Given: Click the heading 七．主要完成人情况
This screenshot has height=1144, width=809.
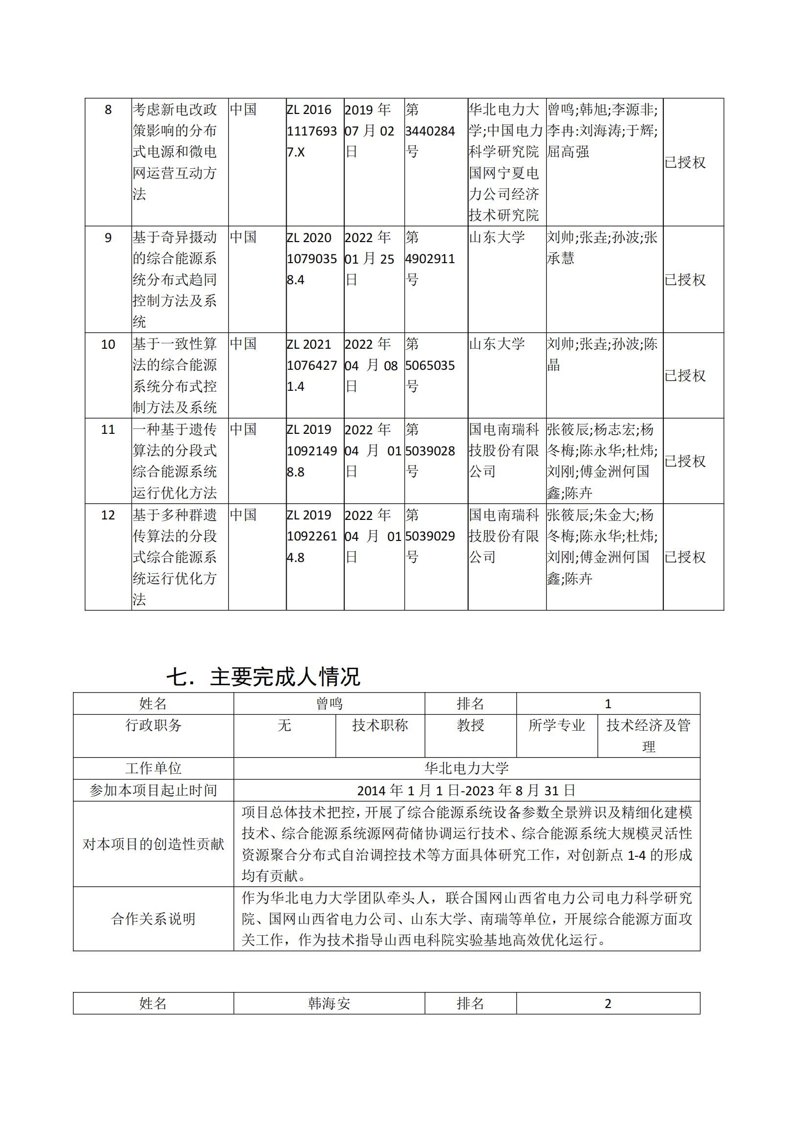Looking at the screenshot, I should coord(263,676).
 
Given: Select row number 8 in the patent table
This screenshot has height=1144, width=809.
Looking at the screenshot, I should coord(108,110).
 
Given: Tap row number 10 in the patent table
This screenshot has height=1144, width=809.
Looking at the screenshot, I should coord(108,344).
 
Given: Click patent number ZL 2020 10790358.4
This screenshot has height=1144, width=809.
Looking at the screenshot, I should coord(312,259).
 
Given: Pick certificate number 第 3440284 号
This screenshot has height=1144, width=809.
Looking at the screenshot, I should coord(429,131).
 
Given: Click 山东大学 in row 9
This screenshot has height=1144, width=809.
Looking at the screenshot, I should coord(496,238).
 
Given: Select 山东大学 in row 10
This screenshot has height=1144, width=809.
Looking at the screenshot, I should coord(496,344).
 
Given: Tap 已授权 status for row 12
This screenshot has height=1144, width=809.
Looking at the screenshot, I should coord(685,557).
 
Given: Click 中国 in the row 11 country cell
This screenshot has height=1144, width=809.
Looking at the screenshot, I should coord(243,429).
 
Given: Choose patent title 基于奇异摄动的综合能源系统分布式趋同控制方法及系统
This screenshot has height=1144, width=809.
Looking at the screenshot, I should coord(174,280).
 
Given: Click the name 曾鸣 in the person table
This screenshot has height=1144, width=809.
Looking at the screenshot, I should coord(329,703).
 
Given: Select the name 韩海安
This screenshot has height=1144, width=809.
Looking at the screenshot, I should coord(329,1004).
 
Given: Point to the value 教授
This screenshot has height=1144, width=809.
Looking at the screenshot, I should coord(470,725).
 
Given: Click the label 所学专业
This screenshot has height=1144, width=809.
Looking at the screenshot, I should coord(557,725).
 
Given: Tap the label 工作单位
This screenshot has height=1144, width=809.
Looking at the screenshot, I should coord(153,768).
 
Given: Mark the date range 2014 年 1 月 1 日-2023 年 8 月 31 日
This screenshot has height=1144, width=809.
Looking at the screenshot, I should coord(466,790).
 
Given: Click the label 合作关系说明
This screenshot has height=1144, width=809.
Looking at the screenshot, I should coord(153,919).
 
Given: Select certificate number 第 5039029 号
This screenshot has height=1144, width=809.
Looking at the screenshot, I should coord(429,536).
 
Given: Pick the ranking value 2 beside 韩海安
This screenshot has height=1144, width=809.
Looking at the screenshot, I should coord(608,1004).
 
